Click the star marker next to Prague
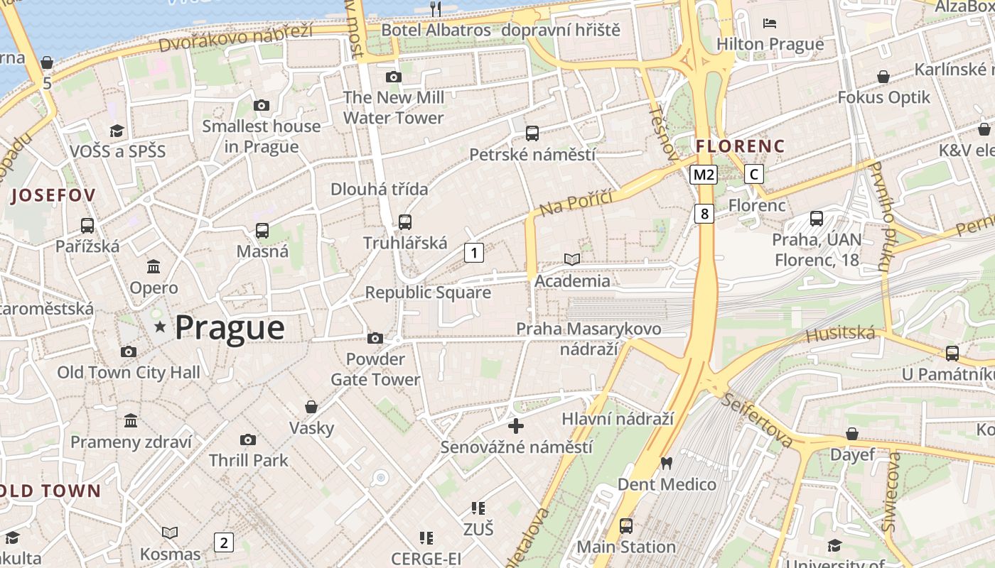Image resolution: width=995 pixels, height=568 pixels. [x=160, y=327]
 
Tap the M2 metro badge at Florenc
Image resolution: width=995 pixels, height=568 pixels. [x=703, y=174]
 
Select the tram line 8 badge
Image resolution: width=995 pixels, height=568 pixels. [x=704, y=214]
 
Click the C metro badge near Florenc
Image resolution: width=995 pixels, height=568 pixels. [x=754, y=174]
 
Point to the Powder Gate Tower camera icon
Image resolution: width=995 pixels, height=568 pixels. [x=375, y=339]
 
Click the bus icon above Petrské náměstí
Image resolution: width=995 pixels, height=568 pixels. [x=532, y=133]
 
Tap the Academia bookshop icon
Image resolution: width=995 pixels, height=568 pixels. [x=572, y=260]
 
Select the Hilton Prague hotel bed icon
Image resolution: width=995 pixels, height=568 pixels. [x=770, y=23]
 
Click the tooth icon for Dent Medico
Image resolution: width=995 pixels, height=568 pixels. [x=666, y=463]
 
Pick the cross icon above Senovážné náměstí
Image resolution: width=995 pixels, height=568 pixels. [x=516, y=426]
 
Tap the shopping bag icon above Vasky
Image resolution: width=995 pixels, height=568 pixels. [x=311, y=407]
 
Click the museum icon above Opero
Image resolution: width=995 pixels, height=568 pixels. [x=154, y=267]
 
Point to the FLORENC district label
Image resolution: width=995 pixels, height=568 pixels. [x=740, y=146]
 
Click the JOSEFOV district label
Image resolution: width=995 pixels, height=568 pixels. [x=53, y=195]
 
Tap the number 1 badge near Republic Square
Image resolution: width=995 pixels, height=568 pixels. [x=474, y=252]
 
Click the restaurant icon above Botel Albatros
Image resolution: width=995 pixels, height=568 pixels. [x=436, y=9]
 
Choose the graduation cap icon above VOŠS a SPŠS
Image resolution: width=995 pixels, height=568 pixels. [x=117, y=131]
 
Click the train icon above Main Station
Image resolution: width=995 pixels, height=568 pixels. [x=625, y=526]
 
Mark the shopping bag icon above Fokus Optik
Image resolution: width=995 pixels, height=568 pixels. [x=883, y=76]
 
